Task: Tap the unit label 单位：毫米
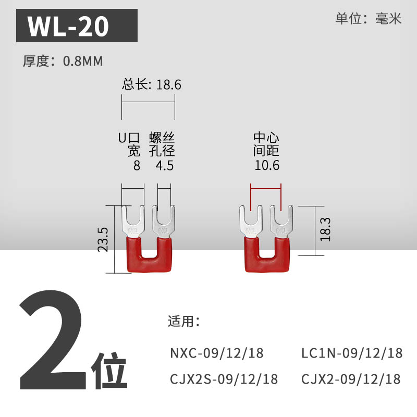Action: pos(369,19)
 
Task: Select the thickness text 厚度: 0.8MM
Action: pos(63,61)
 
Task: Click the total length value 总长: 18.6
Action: pos(152,84)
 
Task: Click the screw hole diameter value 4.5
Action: pos(165,166)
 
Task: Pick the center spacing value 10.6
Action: pos(267,166)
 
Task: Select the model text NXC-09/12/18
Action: pos(217,353)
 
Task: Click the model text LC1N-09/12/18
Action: pos(352,353)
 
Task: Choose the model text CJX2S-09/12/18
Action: pos(224,378)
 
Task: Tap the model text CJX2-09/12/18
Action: pos(351,378)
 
